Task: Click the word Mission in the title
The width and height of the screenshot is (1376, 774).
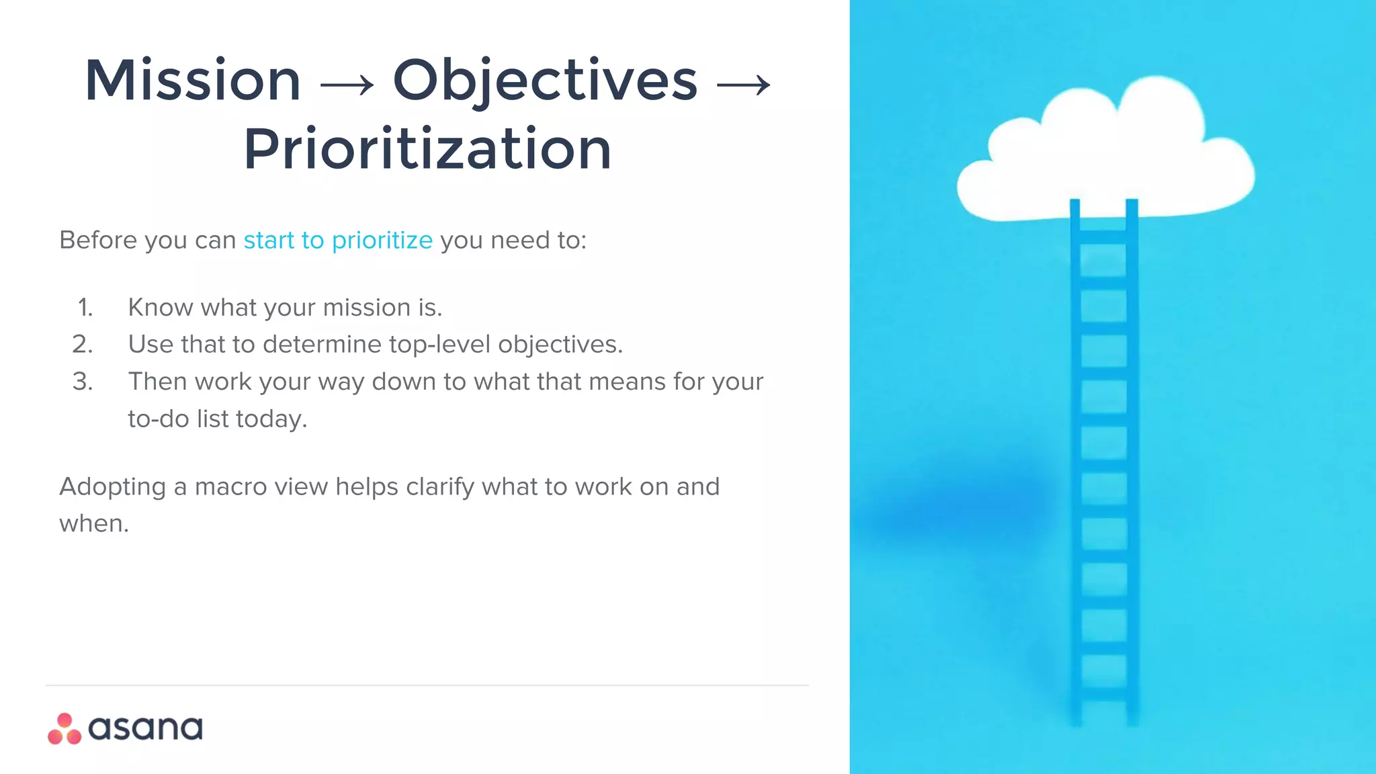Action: point(193,81)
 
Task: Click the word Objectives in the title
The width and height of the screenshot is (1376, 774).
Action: point(545,81)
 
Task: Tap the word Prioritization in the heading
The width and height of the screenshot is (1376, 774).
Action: point(427,149)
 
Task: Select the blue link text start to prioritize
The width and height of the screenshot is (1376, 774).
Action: point(338,240)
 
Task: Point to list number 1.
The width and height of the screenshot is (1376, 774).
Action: point(85,308)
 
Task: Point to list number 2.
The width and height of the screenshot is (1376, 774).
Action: point(83,345)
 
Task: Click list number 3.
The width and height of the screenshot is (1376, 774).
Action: point(83,382)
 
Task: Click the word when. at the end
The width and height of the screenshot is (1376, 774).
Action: point(94,523)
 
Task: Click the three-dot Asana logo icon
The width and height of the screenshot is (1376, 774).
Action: point(64,729)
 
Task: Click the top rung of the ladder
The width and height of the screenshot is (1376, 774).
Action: point(1103,236)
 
